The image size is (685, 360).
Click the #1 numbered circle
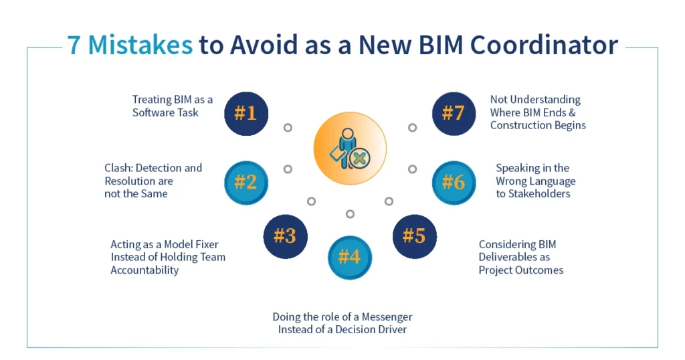click(x=246, y=113)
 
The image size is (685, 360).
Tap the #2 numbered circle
click(x=246, y=182)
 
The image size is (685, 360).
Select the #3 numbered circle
click(x=285, y=236)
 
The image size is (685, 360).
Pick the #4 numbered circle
click(x=349, y=257)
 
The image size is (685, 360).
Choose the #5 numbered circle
click(x=414, y=236)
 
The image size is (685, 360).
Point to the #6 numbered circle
click(x=454, y=182)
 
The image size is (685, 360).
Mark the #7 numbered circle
click(x=454, y=113)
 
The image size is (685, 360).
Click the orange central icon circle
click(x=350, y=149)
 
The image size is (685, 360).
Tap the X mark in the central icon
click(x=359, y=159)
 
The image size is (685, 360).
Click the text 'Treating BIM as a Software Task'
click(x=172, y=106)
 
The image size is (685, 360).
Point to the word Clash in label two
click(x=118, y=168)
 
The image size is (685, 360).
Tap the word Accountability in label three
click(x=144, y=270)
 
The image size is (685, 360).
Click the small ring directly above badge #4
click(x=350, y=214)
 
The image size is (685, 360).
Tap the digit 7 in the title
click(x=75, y=45)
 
